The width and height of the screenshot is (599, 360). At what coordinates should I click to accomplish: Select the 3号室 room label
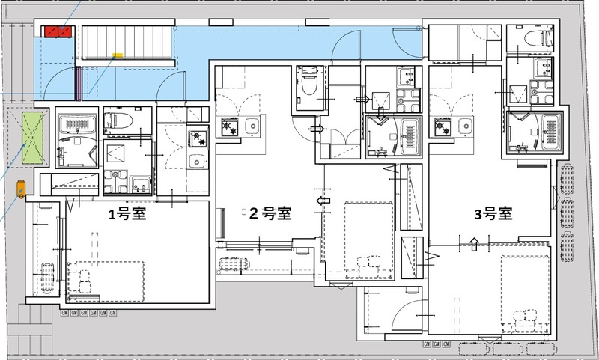click(x=493, y=213)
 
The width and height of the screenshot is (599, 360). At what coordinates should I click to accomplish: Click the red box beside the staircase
click(x=58, y=31)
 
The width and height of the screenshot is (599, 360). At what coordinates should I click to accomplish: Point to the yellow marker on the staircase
click(x=117, y=55)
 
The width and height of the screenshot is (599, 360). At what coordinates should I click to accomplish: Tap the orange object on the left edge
click(x=20, y=189)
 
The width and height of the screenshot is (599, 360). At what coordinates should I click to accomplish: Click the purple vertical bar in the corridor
click(x=78, y=84)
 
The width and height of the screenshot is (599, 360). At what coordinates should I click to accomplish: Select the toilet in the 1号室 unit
click(x=119, y=119)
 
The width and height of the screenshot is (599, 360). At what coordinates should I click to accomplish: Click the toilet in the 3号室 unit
click(x=538, y=37)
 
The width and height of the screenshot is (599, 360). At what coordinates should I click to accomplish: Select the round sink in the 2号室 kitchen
click(x=251, y=124)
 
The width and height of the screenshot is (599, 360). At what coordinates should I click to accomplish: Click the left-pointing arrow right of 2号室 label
click(x=323, y=201)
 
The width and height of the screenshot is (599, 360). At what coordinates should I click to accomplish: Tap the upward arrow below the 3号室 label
click(x=473, y=241)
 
